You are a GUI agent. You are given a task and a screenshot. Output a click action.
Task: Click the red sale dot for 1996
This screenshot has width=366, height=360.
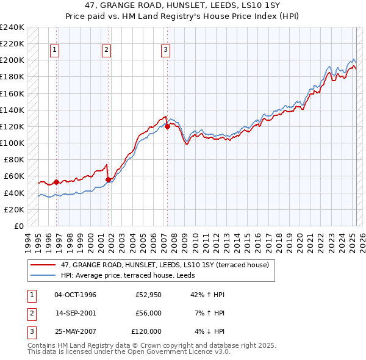(56, 182)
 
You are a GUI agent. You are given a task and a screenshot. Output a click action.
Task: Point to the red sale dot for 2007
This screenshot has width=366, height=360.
(167, 127)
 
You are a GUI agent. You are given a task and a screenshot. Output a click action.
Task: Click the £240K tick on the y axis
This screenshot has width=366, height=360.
(12, 27)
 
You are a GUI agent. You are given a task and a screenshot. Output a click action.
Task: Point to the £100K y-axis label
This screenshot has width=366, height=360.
(12, 143)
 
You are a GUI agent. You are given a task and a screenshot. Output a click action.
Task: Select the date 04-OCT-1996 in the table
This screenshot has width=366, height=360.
(75, 295)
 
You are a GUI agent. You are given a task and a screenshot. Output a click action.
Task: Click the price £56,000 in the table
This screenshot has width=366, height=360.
(148, 313)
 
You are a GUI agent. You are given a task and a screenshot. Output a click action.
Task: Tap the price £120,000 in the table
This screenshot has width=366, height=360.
(146, 331)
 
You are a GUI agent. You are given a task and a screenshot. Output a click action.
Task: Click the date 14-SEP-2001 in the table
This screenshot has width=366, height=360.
(75, 313)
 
